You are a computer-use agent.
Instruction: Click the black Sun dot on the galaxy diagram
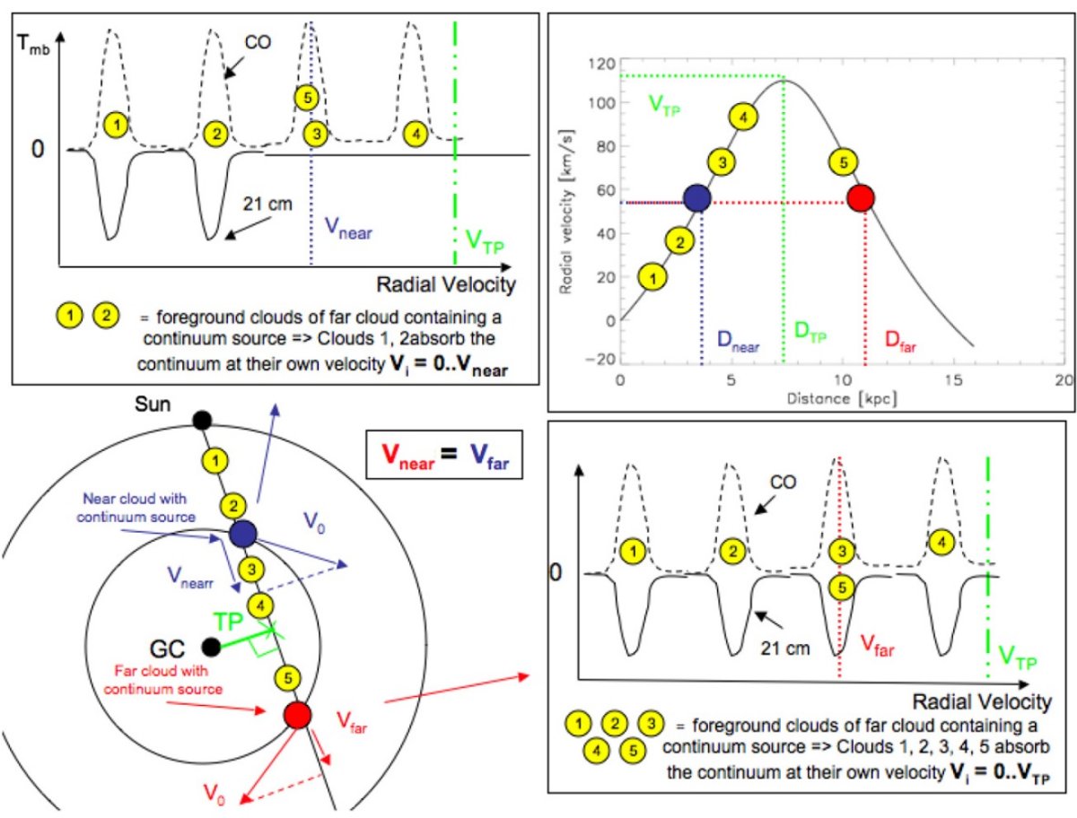(202, 420)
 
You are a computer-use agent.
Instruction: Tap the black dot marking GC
(211, 647)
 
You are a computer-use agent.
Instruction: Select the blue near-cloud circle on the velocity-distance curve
(696, 198)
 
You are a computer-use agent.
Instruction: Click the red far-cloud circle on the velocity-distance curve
(861, 198)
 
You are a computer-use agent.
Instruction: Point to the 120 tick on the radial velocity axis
(602, 64)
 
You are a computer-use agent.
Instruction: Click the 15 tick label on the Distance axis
(953, 379)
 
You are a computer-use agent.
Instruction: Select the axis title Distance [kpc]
(842, 398)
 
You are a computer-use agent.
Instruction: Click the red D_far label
(900, 341)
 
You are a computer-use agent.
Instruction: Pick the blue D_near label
(738, 341)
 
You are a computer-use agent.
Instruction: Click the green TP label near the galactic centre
(228, 622)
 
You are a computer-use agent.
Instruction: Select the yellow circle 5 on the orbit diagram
(288, 678)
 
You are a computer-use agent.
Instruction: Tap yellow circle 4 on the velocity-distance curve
(743, 117)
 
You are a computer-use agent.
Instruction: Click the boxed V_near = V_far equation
(444, 455)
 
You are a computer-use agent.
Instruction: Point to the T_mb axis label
(33, 45)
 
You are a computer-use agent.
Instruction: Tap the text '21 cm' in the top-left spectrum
(267, 204)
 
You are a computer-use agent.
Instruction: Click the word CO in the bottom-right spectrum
(784, 483)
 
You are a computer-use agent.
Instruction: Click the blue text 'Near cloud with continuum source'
(136, 508)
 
